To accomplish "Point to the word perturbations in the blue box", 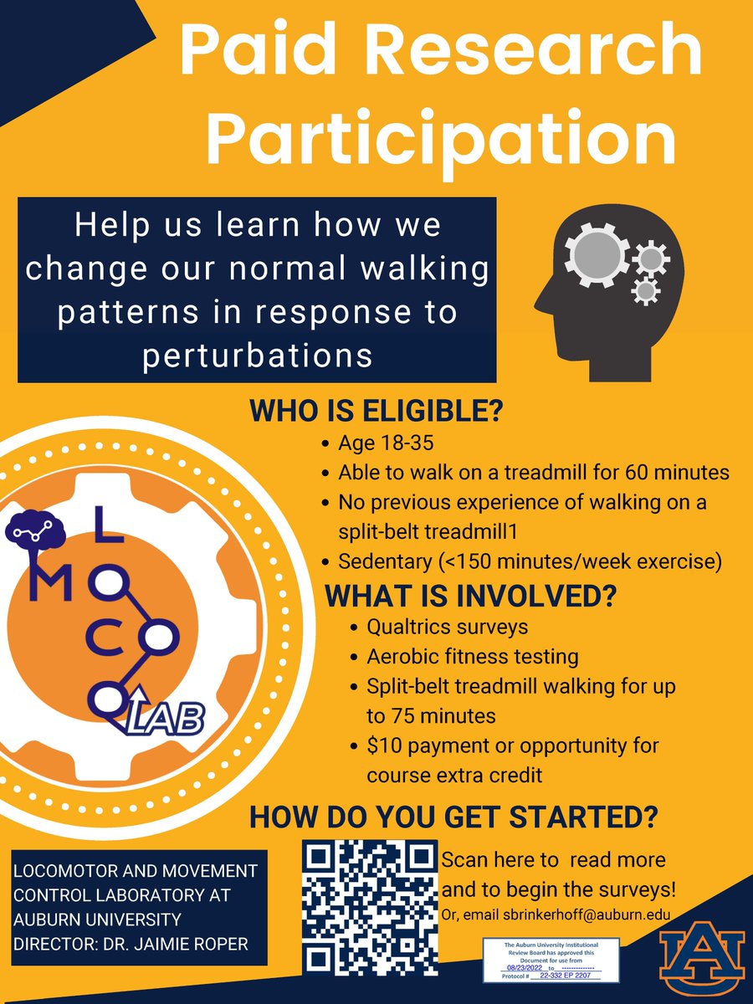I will (257, 355).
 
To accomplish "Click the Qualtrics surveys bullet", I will (448, 627).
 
